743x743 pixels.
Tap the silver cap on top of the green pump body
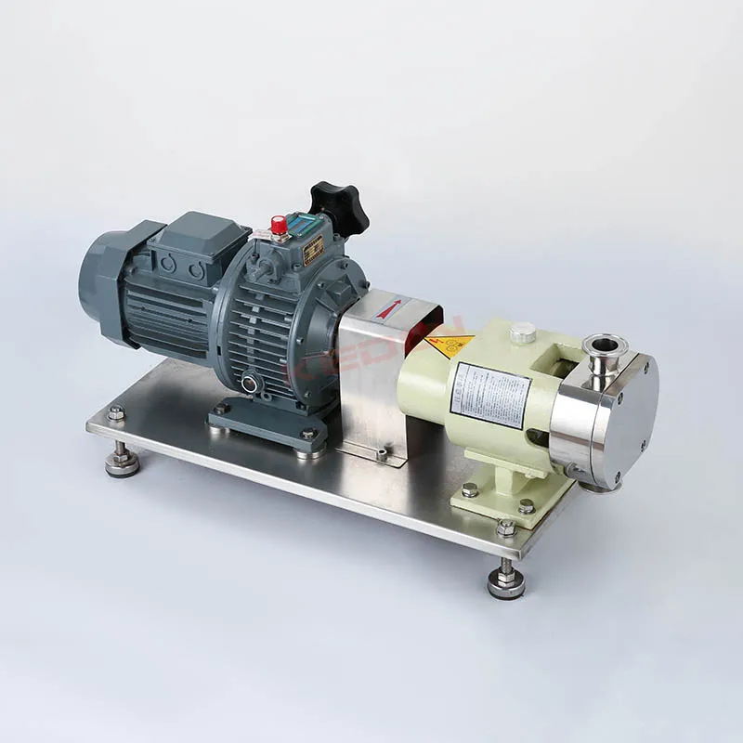(x=522, y=331)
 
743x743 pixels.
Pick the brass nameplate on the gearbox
(x=313, y=249)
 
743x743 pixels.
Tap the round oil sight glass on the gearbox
(x=249, y=384)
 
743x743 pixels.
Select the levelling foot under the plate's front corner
(x=506, y=582)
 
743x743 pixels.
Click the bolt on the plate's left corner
(x=115, y=414)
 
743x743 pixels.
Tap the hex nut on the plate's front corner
(x=505, y=528)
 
